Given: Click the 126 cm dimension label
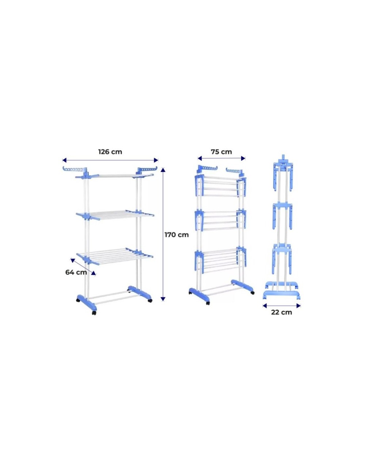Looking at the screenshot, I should coord(110,152).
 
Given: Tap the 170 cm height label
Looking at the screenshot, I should coord(176,235).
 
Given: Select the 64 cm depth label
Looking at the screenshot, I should coord(76,272).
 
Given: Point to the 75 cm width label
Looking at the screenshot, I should coord(221,152).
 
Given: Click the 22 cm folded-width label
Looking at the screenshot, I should coord(281,312).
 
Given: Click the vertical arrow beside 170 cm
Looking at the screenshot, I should coord(163,233).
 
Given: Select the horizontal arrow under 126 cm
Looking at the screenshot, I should coord(110,160).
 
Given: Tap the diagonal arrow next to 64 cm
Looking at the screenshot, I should coord(83,267).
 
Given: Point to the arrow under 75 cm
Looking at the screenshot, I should coord(221,158).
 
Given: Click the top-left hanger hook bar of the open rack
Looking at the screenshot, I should coord(75,170).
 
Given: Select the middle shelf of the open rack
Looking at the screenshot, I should coord(115,215).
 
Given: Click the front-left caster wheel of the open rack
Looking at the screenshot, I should coord(94,313).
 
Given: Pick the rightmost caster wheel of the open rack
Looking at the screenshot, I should coord(150,300).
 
